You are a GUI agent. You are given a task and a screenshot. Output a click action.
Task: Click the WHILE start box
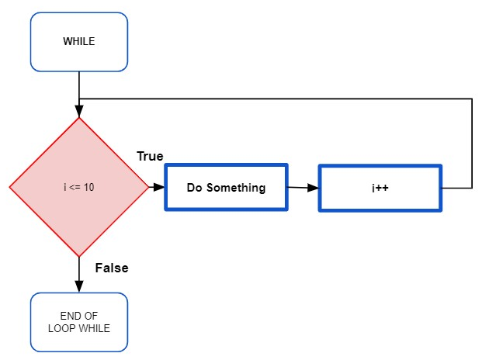[79, 41]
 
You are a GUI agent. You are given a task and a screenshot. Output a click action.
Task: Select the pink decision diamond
[79, 187]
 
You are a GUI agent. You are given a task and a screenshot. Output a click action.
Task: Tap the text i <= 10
[79, 188]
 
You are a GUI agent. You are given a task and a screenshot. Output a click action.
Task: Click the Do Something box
[226, 188]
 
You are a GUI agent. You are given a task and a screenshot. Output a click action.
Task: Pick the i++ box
[380, 188]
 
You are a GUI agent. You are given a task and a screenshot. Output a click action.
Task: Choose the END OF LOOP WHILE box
[79, 322]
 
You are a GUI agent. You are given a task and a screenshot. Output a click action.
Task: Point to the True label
[150, 156]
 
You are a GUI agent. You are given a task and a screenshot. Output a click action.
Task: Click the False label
[111, 268]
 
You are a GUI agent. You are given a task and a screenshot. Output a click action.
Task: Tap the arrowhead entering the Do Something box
[160, 187]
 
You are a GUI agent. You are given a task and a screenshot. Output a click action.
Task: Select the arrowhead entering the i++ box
[314, 188]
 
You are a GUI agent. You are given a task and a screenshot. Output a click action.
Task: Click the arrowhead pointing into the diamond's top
[79, 112]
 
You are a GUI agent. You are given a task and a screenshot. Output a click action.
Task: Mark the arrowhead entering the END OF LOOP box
[79, 287]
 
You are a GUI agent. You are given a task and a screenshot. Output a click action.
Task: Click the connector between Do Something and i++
[303, 188]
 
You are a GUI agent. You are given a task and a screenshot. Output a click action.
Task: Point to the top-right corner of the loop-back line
[472, 99]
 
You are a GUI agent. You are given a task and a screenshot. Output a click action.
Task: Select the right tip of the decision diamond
[147, 187]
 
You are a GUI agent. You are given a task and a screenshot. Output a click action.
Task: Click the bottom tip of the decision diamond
[79, 256]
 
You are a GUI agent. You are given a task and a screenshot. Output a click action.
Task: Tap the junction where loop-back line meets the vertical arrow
[79, 99]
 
